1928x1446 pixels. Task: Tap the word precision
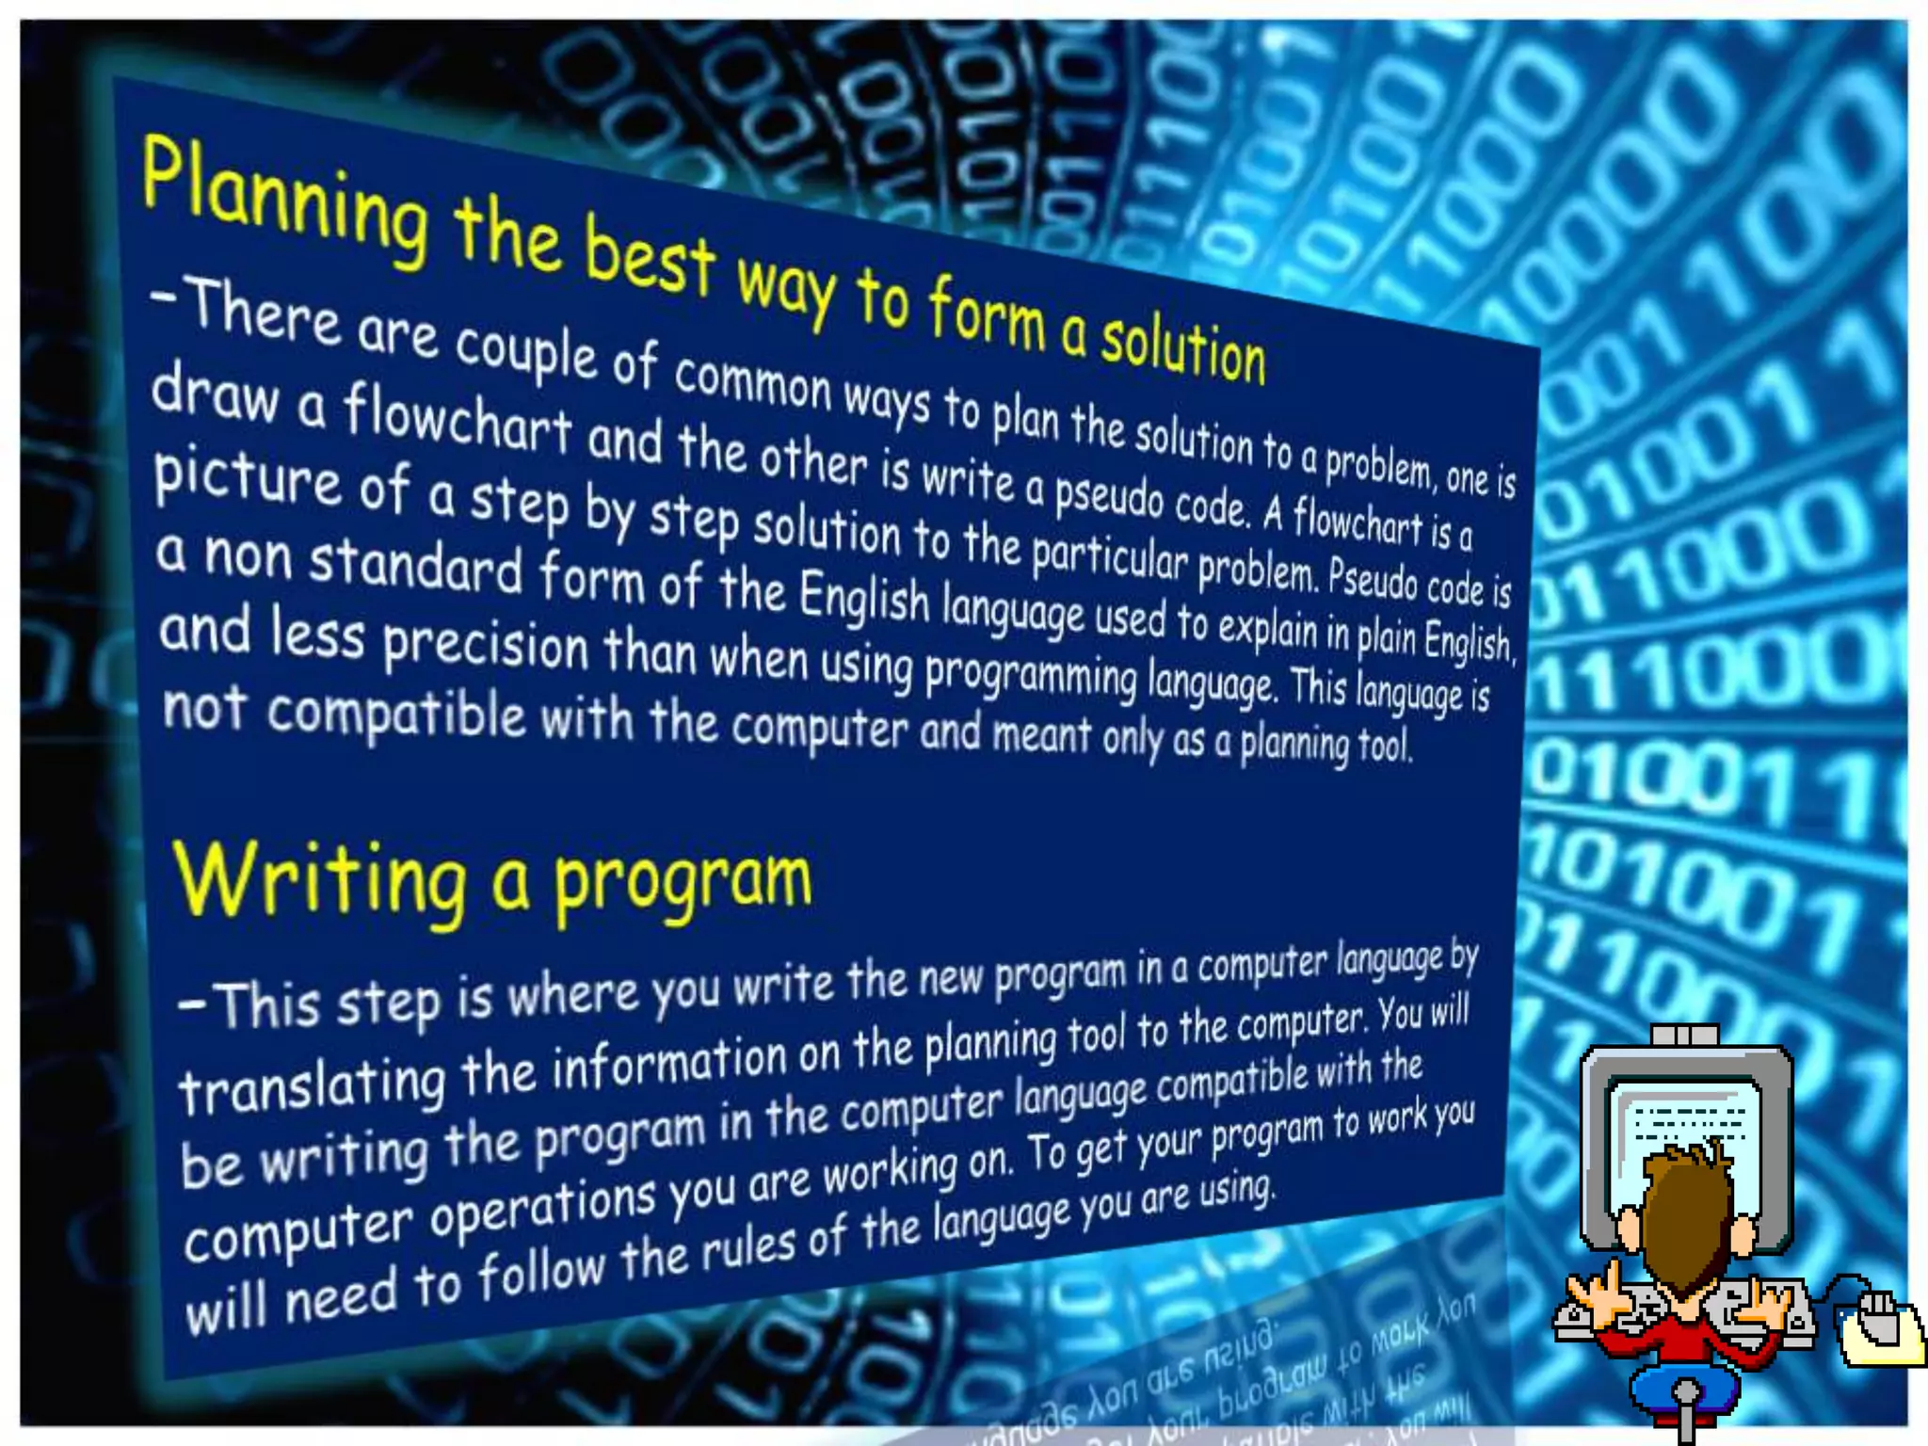tap(485, 645)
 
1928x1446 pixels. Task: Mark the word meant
tap(1041, 735)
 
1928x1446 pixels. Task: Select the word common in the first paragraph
tap(752, 381)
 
